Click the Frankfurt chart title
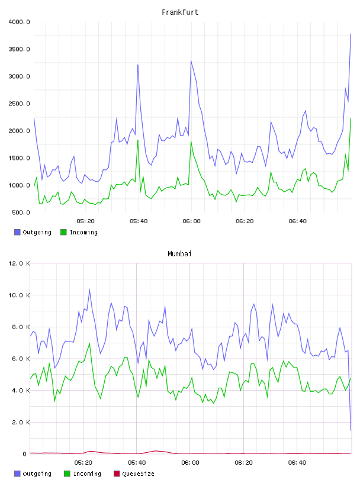pyautogui.click(x=180, y=12)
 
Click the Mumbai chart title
pyautogui.click(x=179, y=254)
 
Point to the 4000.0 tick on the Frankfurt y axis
pyautogui.click(x=19, y=22)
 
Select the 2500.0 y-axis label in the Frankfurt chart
pyautogui.click(x=19, y=104)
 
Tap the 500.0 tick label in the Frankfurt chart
pyautogui.click(x=21, y=212)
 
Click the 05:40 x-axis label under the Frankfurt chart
pyautogui.click(x=139, y=221)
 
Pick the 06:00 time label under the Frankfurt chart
pyautogui.click(x=191, y=221)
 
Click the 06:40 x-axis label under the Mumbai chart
pyautogui.click(x=297, y=463)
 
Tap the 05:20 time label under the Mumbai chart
pyautogui.click(x=83, y=463)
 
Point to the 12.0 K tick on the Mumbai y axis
pyautogui.click(x=19, y=263)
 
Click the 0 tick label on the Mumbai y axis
pyautogui.click(x=25, y=454)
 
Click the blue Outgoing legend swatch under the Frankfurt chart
pyautogui.click(x=17, y=232)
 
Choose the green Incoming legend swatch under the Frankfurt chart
pyautogui.click(x=63, y=232)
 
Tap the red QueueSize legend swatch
pyautogui.click(x=117, y=474)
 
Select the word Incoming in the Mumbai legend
pyautogui.click(x=87, y=474)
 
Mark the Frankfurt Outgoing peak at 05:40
pyautogui.click(x=138, y=65)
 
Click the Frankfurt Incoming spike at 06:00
pyautogui.click(x=191, y=141)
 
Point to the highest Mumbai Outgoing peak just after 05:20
pyautogui.click(x=89, y=289)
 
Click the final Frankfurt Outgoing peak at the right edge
pyautogui.click(x=351, y=34)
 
